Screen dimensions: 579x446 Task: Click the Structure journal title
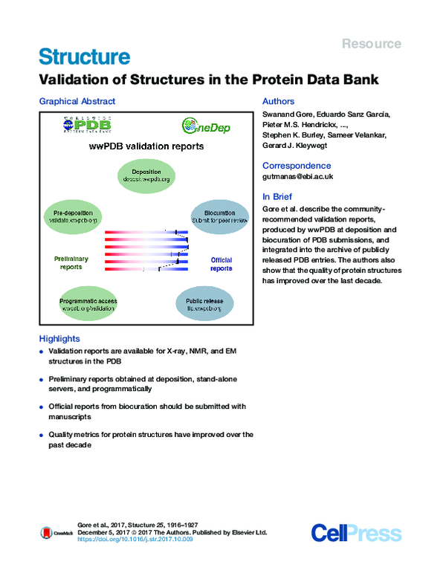84,56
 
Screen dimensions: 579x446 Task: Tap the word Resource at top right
371,44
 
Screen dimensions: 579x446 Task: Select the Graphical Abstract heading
77,101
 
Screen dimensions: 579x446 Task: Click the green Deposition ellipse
146,175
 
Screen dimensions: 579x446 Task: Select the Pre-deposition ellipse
72,216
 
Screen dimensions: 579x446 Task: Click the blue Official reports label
221,264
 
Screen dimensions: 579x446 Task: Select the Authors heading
279,101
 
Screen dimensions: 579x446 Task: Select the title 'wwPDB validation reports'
146,147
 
